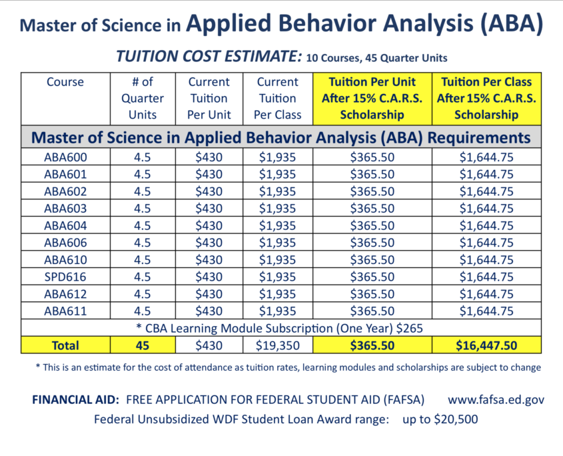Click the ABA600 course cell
pyautogui.click(x=65, y=157)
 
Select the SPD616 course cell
pyautogui.click(x=65, y=277)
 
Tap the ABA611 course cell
pyautogui.click(x=65, y=311)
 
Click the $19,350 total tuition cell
pyautogui.click(x=277, y=345)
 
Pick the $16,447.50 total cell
pyautogui.click(x=486, y=345)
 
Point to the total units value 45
pyautogui.click(x=142, y=345)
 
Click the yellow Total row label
pyautogui.click(x=65, y=345)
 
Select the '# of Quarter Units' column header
pyautogui.click(x=142, y=98)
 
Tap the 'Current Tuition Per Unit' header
pyautogui.click(x=209, y=98)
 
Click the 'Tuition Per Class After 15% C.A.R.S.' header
pyautogui.click(x=486, y=98)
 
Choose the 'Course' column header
pyautogui.click(x=65, y=82)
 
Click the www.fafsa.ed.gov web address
pyautogui.click(x=496, y=400)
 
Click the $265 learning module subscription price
pyautogui.click(x=409, y=328)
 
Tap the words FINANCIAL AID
pyautogui.click(x=76, y=400)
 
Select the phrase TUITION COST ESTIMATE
pyautogui.click(x=209, y=57)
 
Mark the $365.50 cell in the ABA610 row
pyautogui.click(x=372, y=259)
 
